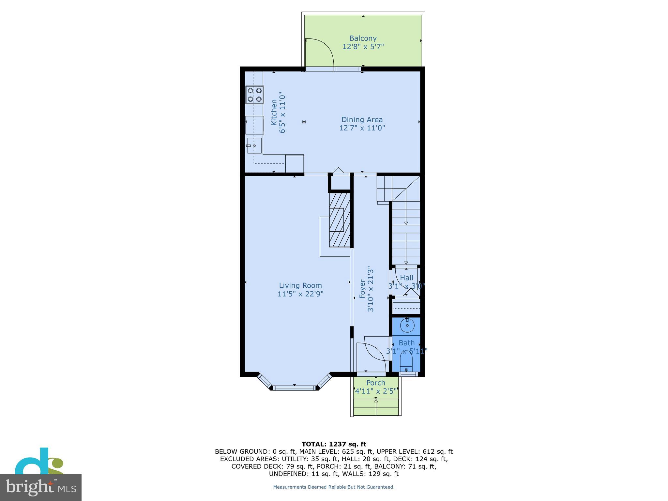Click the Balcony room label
pos(363,38)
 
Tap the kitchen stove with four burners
pos(254,95)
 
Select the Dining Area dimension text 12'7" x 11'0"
pos(362,128)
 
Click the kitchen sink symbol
pos(254,145)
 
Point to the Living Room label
pos(300,285)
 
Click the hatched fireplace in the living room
pos(340,220)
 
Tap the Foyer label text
pos(362,289)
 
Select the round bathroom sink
pos(407,325)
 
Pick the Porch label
pos(375,383)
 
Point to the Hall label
pos(406,278)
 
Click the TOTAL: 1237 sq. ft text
pos(334,444)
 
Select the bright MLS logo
pos(40,487)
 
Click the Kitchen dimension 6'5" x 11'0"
pos(282,113)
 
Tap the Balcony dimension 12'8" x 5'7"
pos(363,47)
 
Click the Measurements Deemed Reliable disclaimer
pos(334,487)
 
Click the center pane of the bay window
pos(294,388)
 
